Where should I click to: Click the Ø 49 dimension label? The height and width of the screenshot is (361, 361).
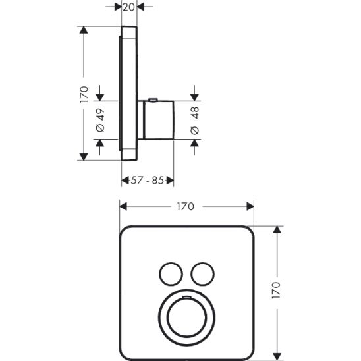(x=100, y=121)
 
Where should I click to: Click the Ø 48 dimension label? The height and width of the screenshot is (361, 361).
(x=194, y=121)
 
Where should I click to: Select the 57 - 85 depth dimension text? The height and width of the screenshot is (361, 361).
(x=148, y=179)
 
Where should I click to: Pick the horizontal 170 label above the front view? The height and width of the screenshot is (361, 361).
(x=185, y=207)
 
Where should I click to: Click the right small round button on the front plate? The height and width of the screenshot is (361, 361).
(x=201, y=271)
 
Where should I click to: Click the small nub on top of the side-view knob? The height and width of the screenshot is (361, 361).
(x=153, y=100)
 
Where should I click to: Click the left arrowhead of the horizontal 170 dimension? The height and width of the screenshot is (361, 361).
(x=123, y=206)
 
